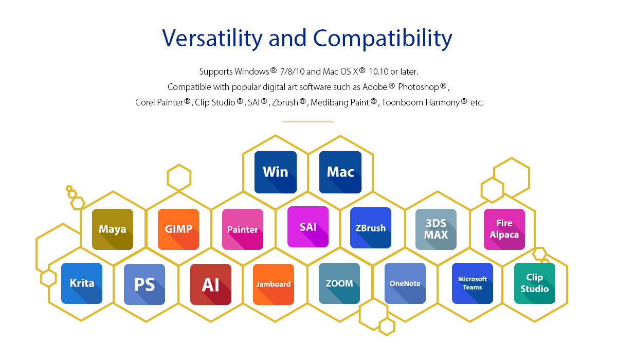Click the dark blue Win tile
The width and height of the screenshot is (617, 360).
pyautogui.click(x=276, y=172)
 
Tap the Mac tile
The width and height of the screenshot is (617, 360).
pyautogui.click(x=340, y=172)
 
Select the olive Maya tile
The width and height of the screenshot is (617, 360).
pyautogui.click(x=113, y=229)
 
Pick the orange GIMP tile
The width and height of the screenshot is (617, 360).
pyautogui.click(x=178, y=229)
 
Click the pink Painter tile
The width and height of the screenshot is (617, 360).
pyautogui.click(x=242, y=229)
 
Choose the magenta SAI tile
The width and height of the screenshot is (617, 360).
pyautogui.click(x=307, y=227)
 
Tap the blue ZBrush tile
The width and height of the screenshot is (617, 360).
pyautogui.click(x=371, y=228)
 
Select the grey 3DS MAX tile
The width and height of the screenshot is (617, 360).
pyautogui.click(x=436, y=229)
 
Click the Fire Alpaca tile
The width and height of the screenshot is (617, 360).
pyautogui.click(x=504, y=229)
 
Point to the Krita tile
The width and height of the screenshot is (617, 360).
pyautogui.click(x=82, y=283)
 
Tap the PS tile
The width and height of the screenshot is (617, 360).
pyautogui.click(x=144, y=284)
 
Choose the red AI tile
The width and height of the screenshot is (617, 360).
pyautogui.click(x=211, y=284)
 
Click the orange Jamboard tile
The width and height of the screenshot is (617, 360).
pyautogui.click(x=273, y=284)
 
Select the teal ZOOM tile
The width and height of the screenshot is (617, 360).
pyautogui.click(x=339, y=283)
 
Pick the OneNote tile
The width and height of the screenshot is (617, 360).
pyautogui.click(x=405, y=283)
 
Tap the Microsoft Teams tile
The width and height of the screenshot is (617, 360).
pyautogui.click(x=473, y=283)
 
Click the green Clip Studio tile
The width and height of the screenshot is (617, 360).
pyautogui.click(x=534, y=283)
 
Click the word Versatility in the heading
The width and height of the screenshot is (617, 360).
pyautogui.click(x=212, y=39)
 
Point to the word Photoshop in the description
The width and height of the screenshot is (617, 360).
pyautogui.click(x=419, y=87)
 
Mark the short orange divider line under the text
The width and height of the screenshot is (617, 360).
pyautogui.click(x=308, y=121)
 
